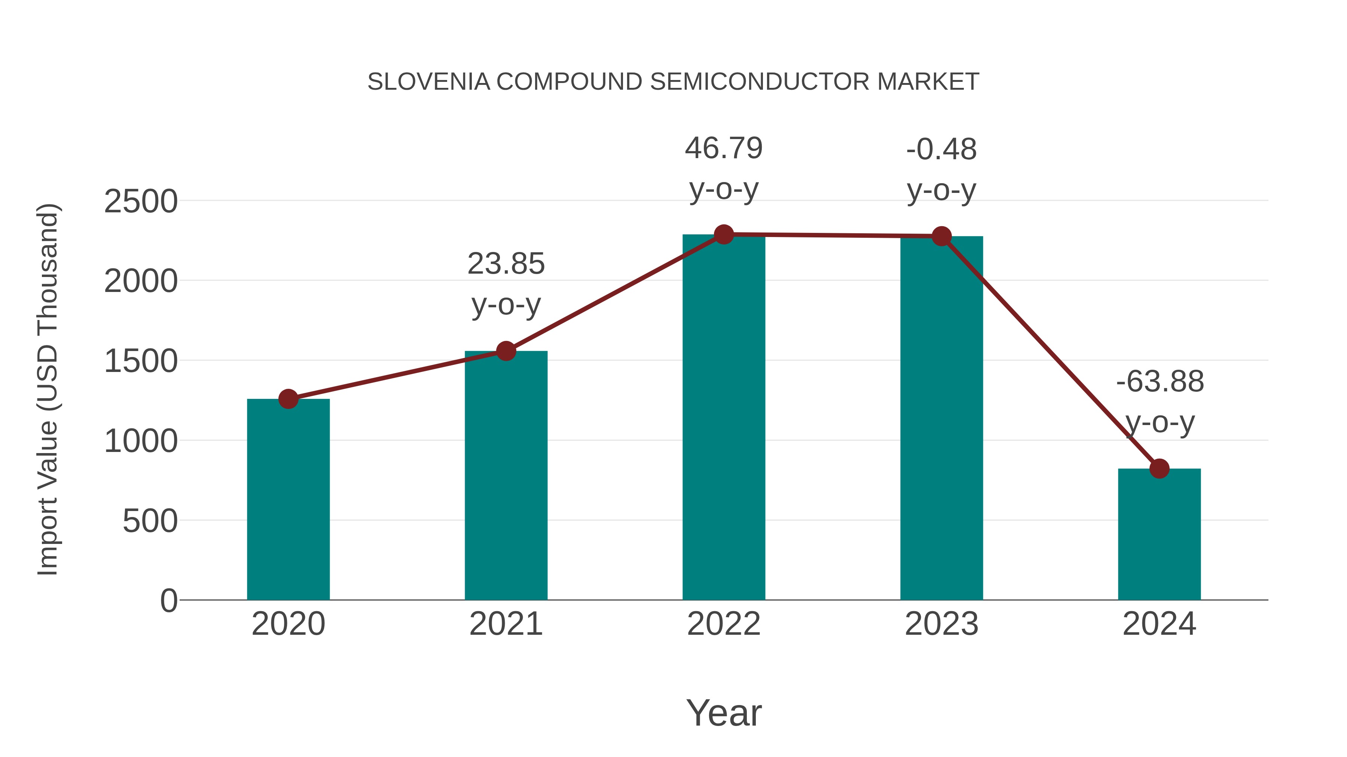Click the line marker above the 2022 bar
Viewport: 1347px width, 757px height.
(x=724, y=234)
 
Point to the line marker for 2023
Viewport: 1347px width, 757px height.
(x=941, y=236)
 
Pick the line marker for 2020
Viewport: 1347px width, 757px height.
(x=288, y=399)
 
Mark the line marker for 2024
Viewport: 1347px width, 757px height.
(x=1159, y=469)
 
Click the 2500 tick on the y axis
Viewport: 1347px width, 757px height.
(x=141, y=201)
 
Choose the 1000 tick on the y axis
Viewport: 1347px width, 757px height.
(x=141, y=441)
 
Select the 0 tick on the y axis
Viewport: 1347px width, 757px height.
(x=168, y=601)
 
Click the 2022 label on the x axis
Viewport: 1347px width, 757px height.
(x=724, y=624)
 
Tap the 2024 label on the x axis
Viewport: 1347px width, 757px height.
(x=1159, y=624)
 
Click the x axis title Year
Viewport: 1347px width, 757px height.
(x=724, y=713)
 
